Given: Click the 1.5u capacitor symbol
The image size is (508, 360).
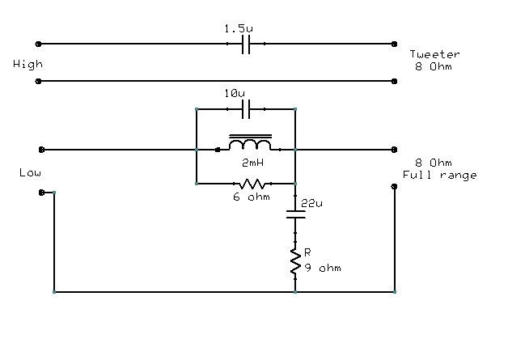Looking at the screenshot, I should pos(247,43).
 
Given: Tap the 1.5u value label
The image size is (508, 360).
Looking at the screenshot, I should pos(236,28).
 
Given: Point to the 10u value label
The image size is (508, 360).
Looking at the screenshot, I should pos(235,94).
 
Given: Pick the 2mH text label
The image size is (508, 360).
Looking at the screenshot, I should pos(252,162).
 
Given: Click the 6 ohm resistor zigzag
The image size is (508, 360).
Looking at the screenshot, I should pos(247,184).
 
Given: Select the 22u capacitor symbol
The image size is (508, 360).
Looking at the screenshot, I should pos(296,216).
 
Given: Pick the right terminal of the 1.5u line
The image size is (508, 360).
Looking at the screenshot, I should pos(395,43).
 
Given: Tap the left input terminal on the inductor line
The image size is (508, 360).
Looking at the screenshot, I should pos(42,149).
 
